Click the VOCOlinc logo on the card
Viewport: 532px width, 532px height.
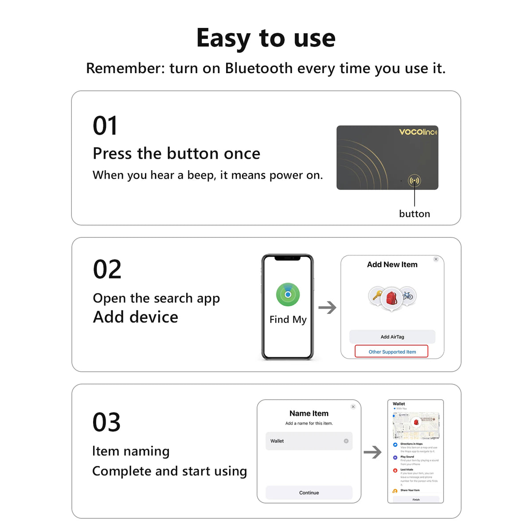(x=418, y=132)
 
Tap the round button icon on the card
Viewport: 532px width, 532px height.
(x=414, y=180)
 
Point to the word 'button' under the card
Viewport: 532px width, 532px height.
(x=415, y=214)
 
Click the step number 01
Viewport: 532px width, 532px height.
(x=105, y=126)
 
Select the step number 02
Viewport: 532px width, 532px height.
(x=107, y=270)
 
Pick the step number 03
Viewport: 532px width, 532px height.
(x=106, y=422)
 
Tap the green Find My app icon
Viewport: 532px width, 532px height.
(x=288, y=294)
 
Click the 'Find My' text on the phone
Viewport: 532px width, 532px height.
(x=288, y=320)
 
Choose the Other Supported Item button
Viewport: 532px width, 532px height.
(x=392, y=352)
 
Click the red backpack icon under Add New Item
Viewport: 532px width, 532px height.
(x=391, y=298)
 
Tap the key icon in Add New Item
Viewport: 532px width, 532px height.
(x=377, y=295)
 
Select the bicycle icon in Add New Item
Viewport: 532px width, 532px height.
(x=407, y=295)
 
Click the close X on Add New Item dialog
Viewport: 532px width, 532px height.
(x=436, y=259)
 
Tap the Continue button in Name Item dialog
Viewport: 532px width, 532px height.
(x=309, y=493)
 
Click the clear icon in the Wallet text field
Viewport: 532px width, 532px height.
(x=346, y=441)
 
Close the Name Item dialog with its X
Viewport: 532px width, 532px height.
(x=353, y=407)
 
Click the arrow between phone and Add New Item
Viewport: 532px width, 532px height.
(x=328, y=307)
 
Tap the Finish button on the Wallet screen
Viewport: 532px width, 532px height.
(x=416, y=499)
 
